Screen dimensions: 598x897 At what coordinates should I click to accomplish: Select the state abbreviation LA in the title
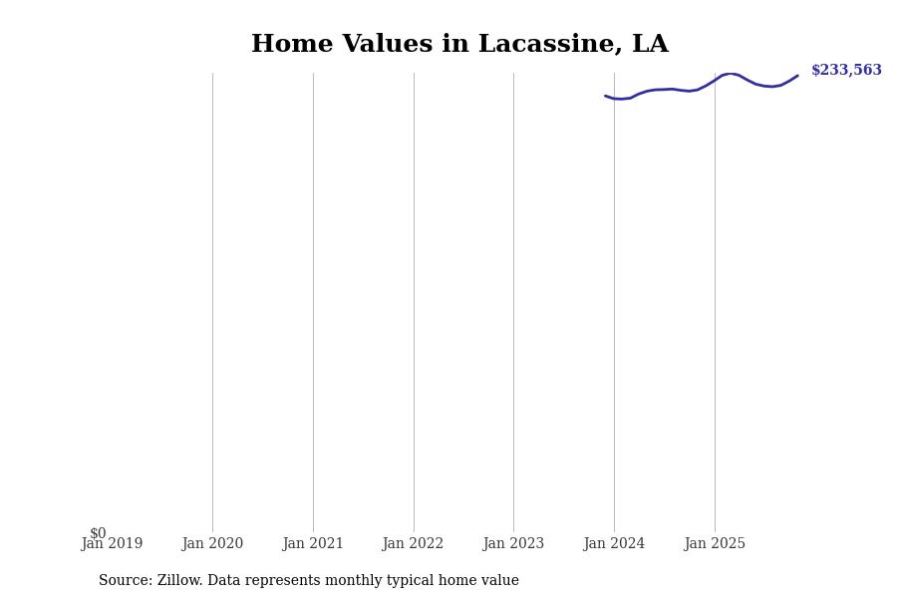pos(650,45)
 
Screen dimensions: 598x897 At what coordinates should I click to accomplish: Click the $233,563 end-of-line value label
pos(846,71)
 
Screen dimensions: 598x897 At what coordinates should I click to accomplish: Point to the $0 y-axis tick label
pos(98,533)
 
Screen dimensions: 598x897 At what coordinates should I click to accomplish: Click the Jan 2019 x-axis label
pos(112,544)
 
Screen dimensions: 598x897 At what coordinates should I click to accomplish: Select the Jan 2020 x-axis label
pos(212,544)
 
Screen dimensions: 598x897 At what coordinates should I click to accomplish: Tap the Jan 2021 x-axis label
pos(313,544)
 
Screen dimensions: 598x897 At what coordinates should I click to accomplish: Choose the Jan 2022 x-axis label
pos(413,544)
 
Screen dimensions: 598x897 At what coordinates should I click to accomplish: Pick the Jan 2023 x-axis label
pos(513,544)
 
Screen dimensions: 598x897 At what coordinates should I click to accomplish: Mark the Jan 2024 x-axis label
pos(614,544)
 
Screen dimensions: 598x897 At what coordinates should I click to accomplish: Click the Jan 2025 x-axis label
pos(715,544)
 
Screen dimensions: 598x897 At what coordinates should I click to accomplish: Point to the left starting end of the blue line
pos(606,96)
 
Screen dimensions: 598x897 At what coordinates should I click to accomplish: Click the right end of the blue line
pos(796,76)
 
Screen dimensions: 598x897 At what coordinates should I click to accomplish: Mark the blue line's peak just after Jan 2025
pos(730,74)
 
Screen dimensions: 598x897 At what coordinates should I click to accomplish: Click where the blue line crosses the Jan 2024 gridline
pos(614,99)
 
